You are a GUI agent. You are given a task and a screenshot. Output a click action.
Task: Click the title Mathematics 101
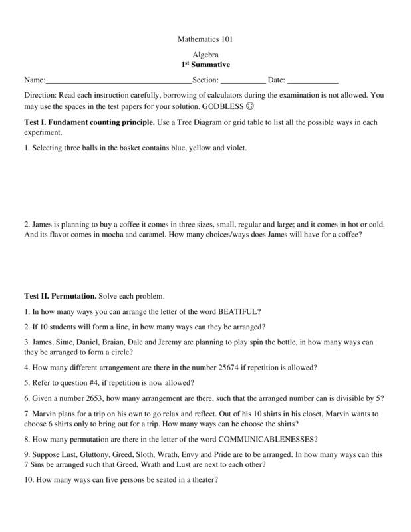[x=205, y=39]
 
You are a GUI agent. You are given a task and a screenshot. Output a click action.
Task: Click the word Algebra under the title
[x=205, y=56]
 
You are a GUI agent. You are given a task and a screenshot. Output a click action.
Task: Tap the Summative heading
[x=205, y=65]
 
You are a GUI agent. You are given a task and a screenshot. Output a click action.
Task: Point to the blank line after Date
[x=313, y=81]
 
